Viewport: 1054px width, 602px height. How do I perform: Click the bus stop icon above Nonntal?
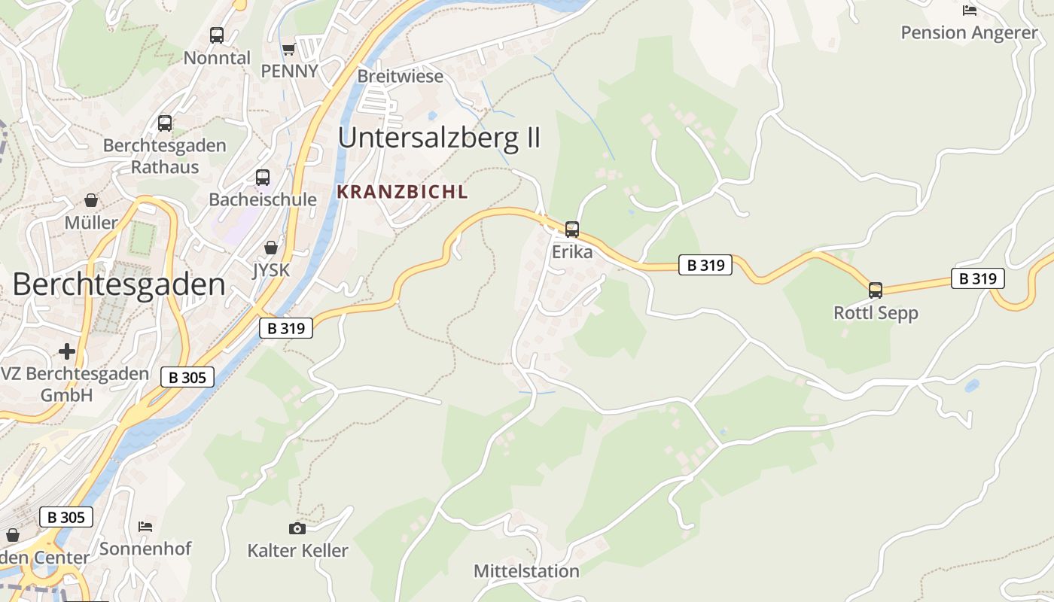pyautogui.click(x=217, y=35)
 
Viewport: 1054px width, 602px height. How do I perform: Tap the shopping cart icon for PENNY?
pyautogui.click(x=288, y=50)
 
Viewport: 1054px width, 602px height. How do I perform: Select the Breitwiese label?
pyautogui.click(x=400, y=76)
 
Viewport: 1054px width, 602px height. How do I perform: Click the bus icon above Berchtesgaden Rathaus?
pyautogui.click(x=165, y=123)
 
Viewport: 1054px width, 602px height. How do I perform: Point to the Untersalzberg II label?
pyautogui.click(x=439, y=138)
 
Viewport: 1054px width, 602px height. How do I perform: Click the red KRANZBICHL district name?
pyautogui.click(x=402, y=192)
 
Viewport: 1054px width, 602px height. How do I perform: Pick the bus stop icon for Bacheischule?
pyautogui.click(x=263, y=178)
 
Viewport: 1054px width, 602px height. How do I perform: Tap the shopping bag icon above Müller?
pyautogui.click(x=91, y=200)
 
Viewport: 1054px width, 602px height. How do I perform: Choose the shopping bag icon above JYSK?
pyautogui.click(x=271, y=248)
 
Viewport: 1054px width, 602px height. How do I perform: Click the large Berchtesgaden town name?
pyautogui.click(x=119, y=284)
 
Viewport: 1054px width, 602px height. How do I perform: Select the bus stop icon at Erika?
pyautogui.click(x=572, y=230)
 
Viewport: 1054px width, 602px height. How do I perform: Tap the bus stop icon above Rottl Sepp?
pyautogui.click(x=876, y=290)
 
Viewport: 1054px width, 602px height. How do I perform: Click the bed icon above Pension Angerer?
pyautogui.click(x=970, y=11)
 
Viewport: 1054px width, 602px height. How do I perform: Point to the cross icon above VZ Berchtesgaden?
pyautogui.click(x=67, y=351)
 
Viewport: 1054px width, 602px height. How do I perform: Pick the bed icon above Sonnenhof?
pyautogui.click(x=145, y=526)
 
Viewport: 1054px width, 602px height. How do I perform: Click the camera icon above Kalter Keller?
pyautogui.click(x=297, y=528)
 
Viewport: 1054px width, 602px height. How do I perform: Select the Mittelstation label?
pyautogui.click(x=526, y=571)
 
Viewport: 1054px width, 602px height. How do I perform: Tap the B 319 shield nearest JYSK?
pyautogui.click(x=286, y=328)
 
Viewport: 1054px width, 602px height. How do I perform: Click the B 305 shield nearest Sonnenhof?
pyautogui.click(x=66, y=517)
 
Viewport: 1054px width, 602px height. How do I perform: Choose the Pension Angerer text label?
pyautogui.click(x=969, y=32)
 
